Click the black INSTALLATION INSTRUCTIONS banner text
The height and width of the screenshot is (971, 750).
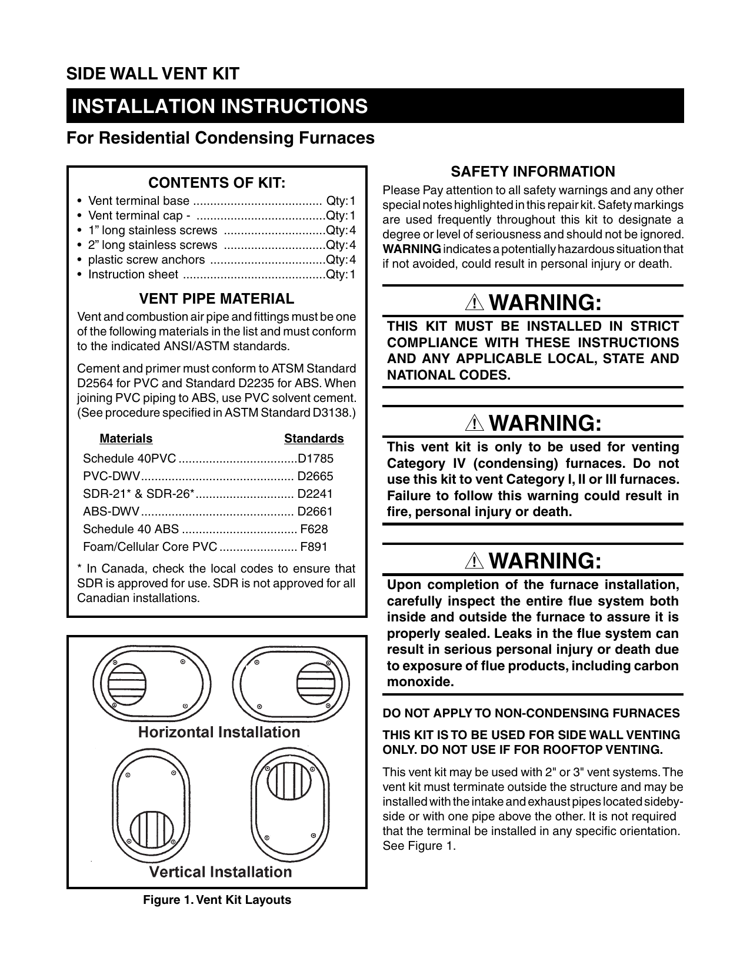219,106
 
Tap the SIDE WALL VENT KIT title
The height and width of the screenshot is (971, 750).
152,74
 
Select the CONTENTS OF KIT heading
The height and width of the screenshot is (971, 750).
216,182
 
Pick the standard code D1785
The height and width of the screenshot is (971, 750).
315,458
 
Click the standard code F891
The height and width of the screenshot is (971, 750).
314,547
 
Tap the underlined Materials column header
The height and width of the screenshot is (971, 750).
126,438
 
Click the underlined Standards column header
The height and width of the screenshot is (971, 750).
314,438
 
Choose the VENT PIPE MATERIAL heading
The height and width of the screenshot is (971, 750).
216,298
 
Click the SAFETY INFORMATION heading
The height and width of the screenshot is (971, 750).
532,172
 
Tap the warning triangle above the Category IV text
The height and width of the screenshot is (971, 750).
474,424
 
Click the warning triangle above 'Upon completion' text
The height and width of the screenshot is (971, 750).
474,561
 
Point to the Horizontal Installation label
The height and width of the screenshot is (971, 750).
219,732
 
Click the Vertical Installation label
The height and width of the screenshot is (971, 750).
221,872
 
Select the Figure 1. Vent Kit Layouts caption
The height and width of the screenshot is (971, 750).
217,900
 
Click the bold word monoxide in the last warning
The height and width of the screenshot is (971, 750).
421,682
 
